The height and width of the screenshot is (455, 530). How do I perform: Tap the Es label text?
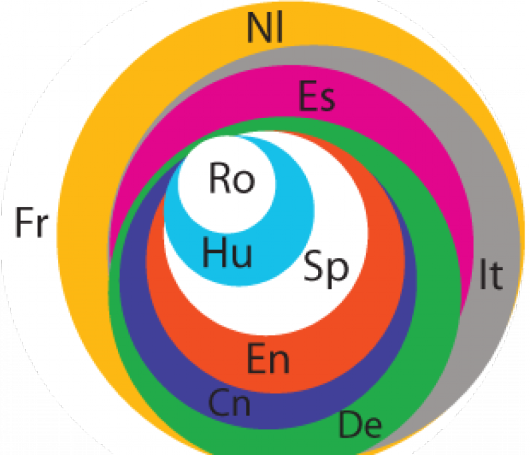tap(317, 96)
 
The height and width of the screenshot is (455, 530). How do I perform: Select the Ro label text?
tap(232, 178)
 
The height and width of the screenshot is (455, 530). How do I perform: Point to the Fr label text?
tap(32, 222)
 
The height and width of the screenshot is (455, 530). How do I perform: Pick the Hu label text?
tap(227, 252)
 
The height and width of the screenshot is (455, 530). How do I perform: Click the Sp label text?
tap(326, 268)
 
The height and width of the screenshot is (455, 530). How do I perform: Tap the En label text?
tap(269, 358)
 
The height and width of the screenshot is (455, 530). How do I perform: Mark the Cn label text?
tap(229, 402)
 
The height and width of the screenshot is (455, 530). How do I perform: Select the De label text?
tap(360, 424)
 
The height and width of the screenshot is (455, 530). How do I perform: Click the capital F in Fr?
tap(23, 222)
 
